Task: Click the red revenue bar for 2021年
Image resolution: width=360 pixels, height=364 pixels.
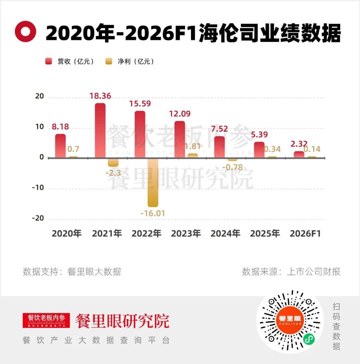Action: (100, 130)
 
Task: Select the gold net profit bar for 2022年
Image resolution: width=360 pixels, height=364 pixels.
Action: (153, 182)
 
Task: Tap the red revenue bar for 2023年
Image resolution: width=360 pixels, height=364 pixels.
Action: (180, 140)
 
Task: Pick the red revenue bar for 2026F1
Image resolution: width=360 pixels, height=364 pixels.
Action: (299, 155)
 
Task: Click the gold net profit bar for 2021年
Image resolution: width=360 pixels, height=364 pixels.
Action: (113, 162)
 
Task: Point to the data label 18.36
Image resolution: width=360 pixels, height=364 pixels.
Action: (100, 96)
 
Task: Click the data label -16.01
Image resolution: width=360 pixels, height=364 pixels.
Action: (153, 213)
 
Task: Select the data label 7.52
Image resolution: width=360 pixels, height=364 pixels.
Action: (219, 129)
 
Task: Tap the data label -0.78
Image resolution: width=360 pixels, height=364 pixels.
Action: (232, 167)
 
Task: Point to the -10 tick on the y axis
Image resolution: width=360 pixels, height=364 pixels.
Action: (38, 188)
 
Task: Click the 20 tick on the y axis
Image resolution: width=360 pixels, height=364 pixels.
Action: (39, 96)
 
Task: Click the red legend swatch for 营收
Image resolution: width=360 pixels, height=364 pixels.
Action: (49, 61)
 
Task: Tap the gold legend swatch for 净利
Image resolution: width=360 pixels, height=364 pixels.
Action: (109, 61)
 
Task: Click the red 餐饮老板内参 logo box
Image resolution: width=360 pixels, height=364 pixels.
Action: (46, 320)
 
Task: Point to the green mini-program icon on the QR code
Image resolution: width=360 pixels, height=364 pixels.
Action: (309, 339)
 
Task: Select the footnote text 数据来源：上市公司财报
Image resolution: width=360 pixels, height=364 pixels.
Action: (291, 272)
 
